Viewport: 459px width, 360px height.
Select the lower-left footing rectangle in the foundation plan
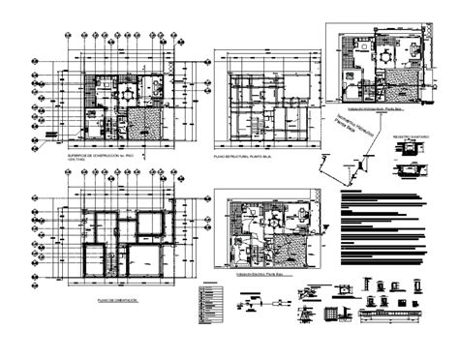pyautogui.click(x=96, y=261)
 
